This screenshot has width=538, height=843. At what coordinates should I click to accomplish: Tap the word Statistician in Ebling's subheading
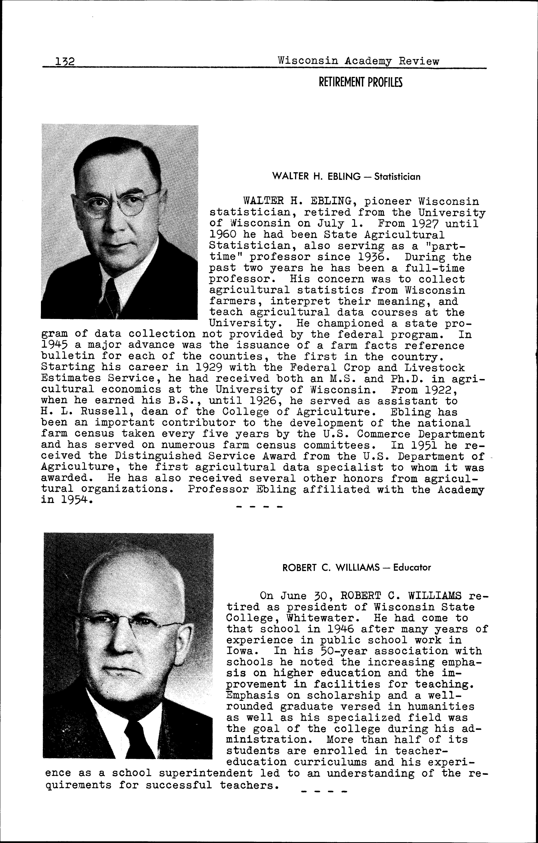tap(397, 177)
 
